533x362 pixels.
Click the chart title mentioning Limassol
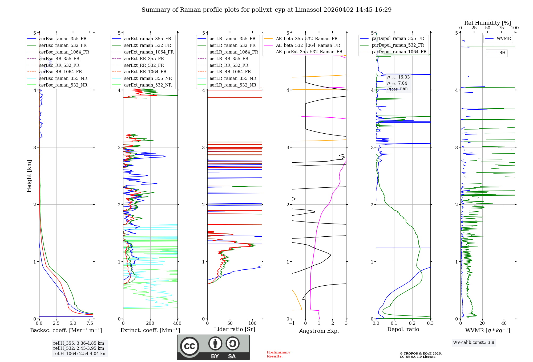(266, 10)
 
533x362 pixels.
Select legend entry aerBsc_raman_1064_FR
(64, 52)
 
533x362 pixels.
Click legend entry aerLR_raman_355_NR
(233, 78)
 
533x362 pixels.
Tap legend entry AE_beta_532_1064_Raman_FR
(308, 45)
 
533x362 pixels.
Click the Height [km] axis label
(29, 176)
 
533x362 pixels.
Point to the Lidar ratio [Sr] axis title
(235, 329)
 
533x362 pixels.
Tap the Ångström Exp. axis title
(319, 331)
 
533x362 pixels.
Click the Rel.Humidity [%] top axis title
(487, 23)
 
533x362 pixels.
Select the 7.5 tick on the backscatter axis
(90, 323)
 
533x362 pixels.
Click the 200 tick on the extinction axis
(150, 323)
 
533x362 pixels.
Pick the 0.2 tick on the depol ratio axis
(412, 323)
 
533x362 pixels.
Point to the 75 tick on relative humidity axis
(501, 28)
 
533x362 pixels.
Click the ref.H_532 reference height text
(79, 348)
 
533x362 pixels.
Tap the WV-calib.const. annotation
(474, 342)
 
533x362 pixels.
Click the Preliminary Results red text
(278, 354)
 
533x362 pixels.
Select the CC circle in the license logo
(189, 346)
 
